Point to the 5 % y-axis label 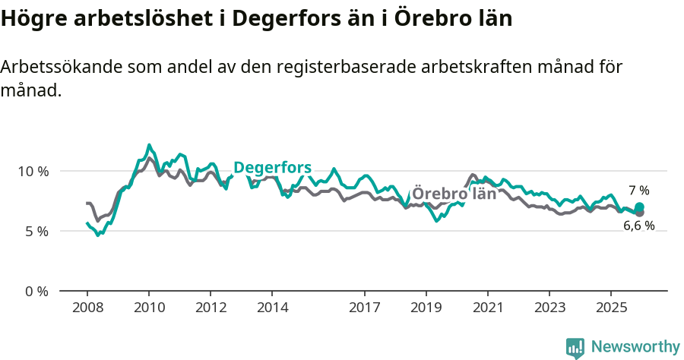pos(35,231)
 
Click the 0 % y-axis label pos(35,291)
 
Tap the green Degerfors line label pos(272,167)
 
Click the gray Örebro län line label pos(454,193)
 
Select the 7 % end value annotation pos(638,190)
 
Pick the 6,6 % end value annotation pos(638,226)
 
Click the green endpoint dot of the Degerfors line pos(639,207)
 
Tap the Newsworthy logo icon pos(575,347)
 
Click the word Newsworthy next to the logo pos(635,347)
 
